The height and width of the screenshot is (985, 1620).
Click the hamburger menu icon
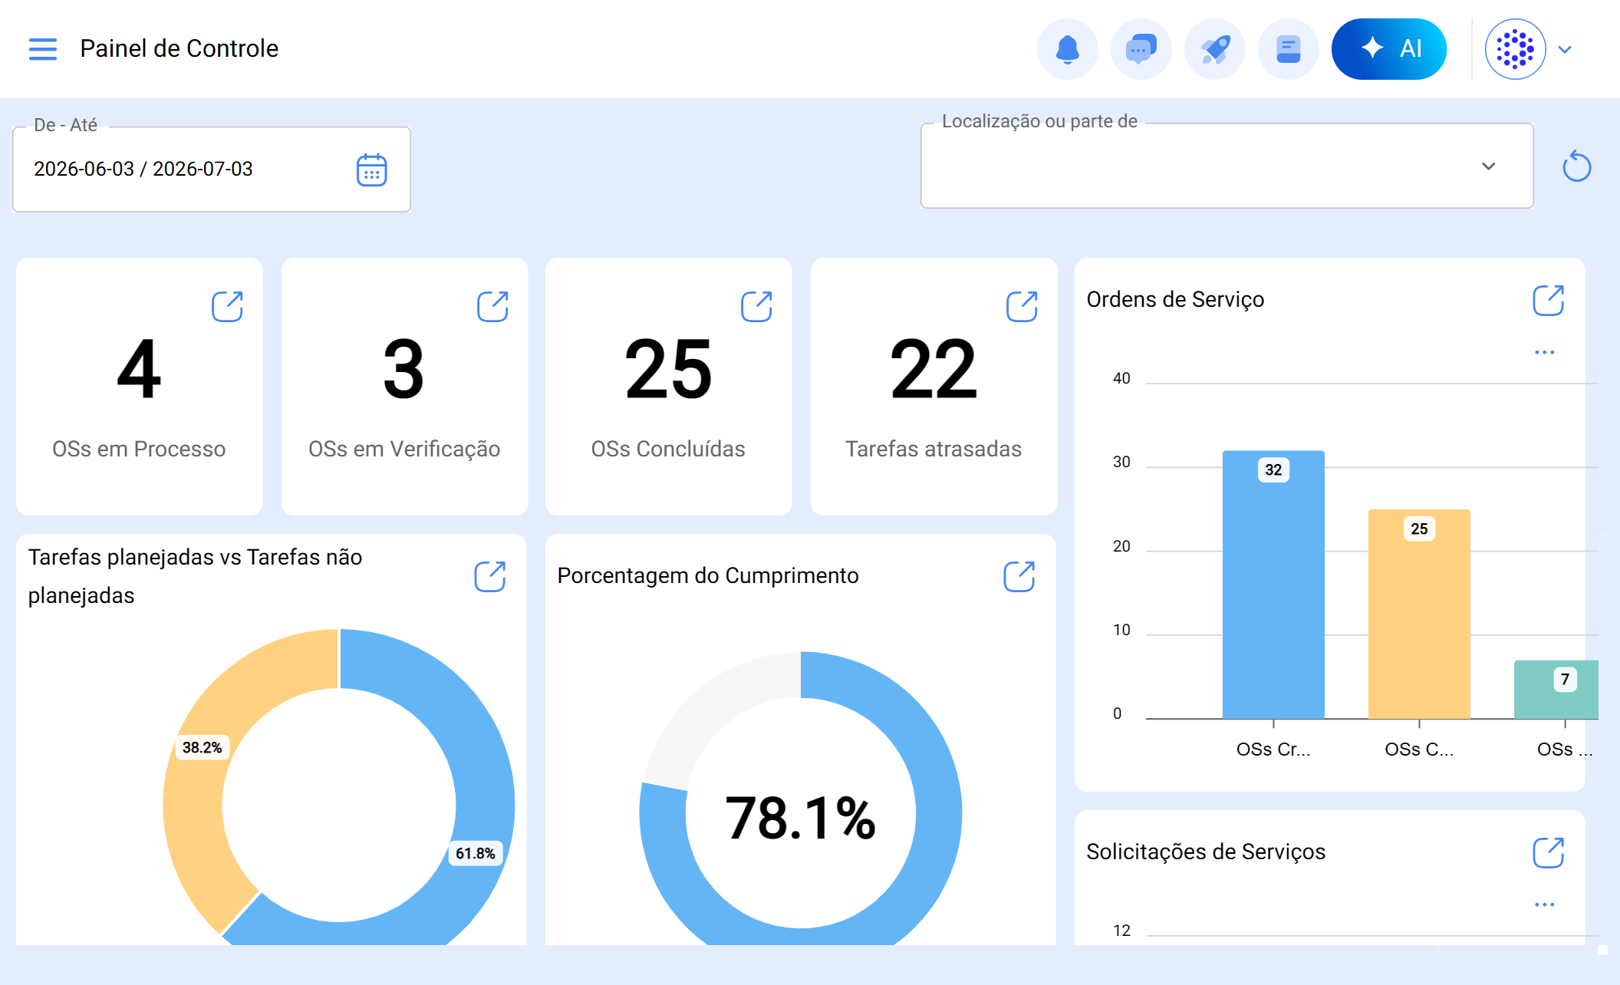pyautogui.click(x=43, y=49)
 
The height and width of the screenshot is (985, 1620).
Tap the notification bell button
pyautogui.click(x=1068, y=49)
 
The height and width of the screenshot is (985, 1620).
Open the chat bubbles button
pyautogui.click(x=1141, y=49)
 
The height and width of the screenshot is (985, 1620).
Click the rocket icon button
pyautogui.click(x=1215, y=49)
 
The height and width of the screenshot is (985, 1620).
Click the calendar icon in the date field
pyautogui.click(x=372, y=170)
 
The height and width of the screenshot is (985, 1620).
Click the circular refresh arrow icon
pyautogui.click(x=1577, y=166)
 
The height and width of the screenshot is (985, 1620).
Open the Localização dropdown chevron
pyautogui.click(x=1489, y=166)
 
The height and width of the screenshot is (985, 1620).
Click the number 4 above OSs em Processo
pyautogui.click(x=139, y=369)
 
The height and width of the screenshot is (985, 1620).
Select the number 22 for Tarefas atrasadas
pyautogui.click(x=933, y=369)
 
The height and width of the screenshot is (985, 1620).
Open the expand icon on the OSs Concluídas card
pyautogui.click(x=756, y=306)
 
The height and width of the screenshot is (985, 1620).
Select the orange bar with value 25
pyautogui.click(x=1419, y=614)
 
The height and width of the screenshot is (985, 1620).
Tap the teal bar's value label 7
pyautogui.click(x=1565, y=679)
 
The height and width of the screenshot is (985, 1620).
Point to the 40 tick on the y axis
pyautogui.click(x=1121, y=378)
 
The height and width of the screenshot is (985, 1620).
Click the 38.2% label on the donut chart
pyautogui.click(x=202, y=747)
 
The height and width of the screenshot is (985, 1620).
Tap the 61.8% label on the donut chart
pyautogui.click(x=476, y=853)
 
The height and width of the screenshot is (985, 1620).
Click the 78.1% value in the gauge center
pyautogui.click(x=800, y=818)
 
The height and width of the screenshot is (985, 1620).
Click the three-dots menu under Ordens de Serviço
pyautogui.click(x=1545, y=352)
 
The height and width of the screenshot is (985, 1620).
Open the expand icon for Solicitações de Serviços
pyautogui.click(x=1548, y=852)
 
